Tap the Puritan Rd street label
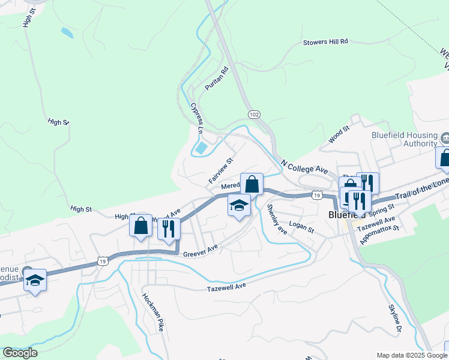click(217, 79)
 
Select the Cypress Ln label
click(196, 118)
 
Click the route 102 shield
click(254, 113)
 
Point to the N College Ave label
click(304, 166)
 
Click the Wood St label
click(339, 135)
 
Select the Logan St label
click(301, 226)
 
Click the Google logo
click(20, 353)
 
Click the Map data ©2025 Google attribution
click(412, 355)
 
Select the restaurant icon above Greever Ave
click(169, 229)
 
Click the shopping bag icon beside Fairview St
click(252, 184)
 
